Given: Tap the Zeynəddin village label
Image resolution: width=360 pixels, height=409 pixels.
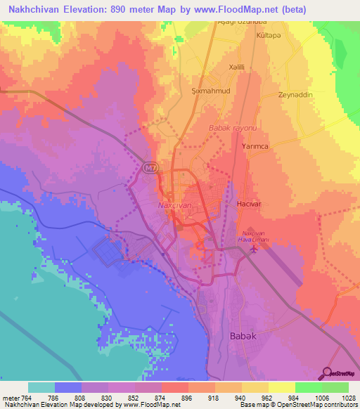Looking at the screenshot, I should tap(295, 95).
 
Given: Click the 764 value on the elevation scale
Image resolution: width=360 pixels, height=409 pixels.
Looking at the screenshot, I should tap(28, 398).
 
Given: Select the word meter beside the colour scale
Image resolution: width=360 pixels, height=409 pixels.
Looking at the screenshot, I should tap(11, 398).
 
